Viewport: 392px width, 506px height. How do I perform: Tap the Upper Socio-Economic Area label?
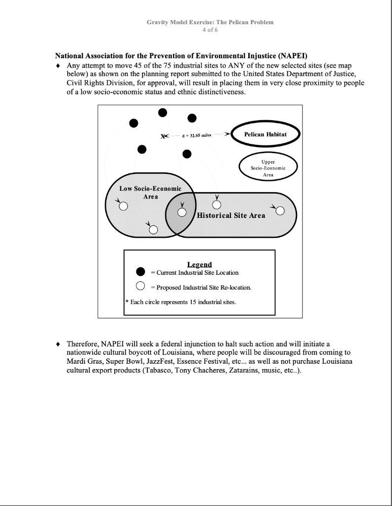coord(268,168)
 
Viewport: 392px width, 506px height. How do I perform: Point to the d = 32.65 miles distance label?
coord(196,135)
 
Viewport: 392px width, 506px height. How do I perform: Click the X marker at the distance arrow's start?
coord(164,136)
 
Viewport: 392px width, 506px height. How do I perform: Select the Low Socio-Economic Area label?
coord(150,192)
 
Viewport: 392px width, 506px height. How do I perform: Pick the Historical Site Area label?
coord(231,215)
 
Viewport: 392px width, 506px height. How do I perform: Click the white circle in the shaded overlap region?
coord(182,212)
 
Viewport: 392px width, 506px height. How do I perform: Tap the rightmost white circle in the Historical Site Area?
coord(280,211)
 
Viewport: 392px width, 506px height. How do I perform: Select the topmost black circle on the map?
coord(163,113)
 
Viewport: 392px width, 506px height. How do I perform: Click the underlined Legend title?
coord(200,264)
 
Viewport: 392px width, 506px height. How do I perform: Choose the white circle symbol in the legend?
coord(140,287)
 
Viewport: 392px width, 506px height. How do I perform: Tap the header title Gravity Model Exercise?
coord(210,22)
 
